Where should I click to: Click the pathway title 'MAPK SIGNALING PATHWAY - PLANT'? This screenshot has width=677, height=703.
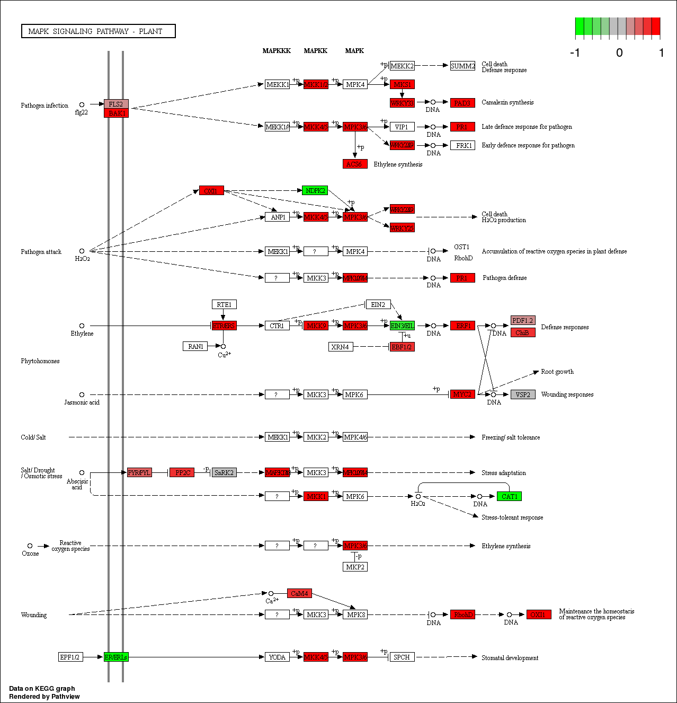[98, 31]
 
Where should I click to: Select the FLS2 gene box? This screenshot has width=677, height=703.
[116, 104]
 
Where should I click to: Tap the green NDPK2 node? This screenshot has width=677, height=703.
[315, 190]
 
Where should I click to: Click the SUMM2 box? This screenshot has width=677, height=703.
[462, 66]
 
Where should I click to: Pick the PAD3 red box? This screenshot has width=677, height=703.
[462, 103]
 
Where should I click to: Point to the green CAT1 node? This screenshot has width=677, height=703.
[509, 496]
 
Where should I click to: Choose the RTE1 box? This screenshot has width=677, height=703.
[224, 304]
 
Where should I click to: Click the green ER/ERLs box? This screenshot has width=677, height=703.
[116, 657]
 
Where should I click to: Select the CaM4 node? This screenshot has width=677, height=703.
[299, 593]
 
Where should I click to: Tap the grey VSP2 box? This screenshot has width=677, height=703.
[523, 394]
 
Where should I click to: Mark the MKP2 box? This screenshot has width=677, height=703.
[355, 567]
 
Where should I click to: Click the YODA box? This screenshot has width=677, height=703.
[277, 657]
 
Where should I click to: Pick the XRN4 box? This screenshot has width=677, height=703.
[340, 347]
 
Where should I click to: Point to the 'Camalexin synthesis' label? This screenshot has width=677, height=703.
[507, 102]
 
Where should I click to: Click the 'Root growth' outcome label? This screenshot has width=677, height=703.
[557, 372]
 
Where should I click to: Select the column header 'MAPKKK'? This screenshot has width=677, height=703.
[277, 51]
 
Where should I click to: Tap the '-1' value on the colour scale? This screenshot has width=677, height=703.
[575, 52]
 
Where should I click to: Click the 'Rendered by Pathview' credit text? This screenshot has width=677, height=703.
[44, 696]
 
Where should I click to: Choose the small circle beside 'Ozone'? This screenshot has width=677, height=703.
[30, 546]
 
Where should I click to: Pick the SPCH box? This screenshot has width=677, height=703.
[402, 657]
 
